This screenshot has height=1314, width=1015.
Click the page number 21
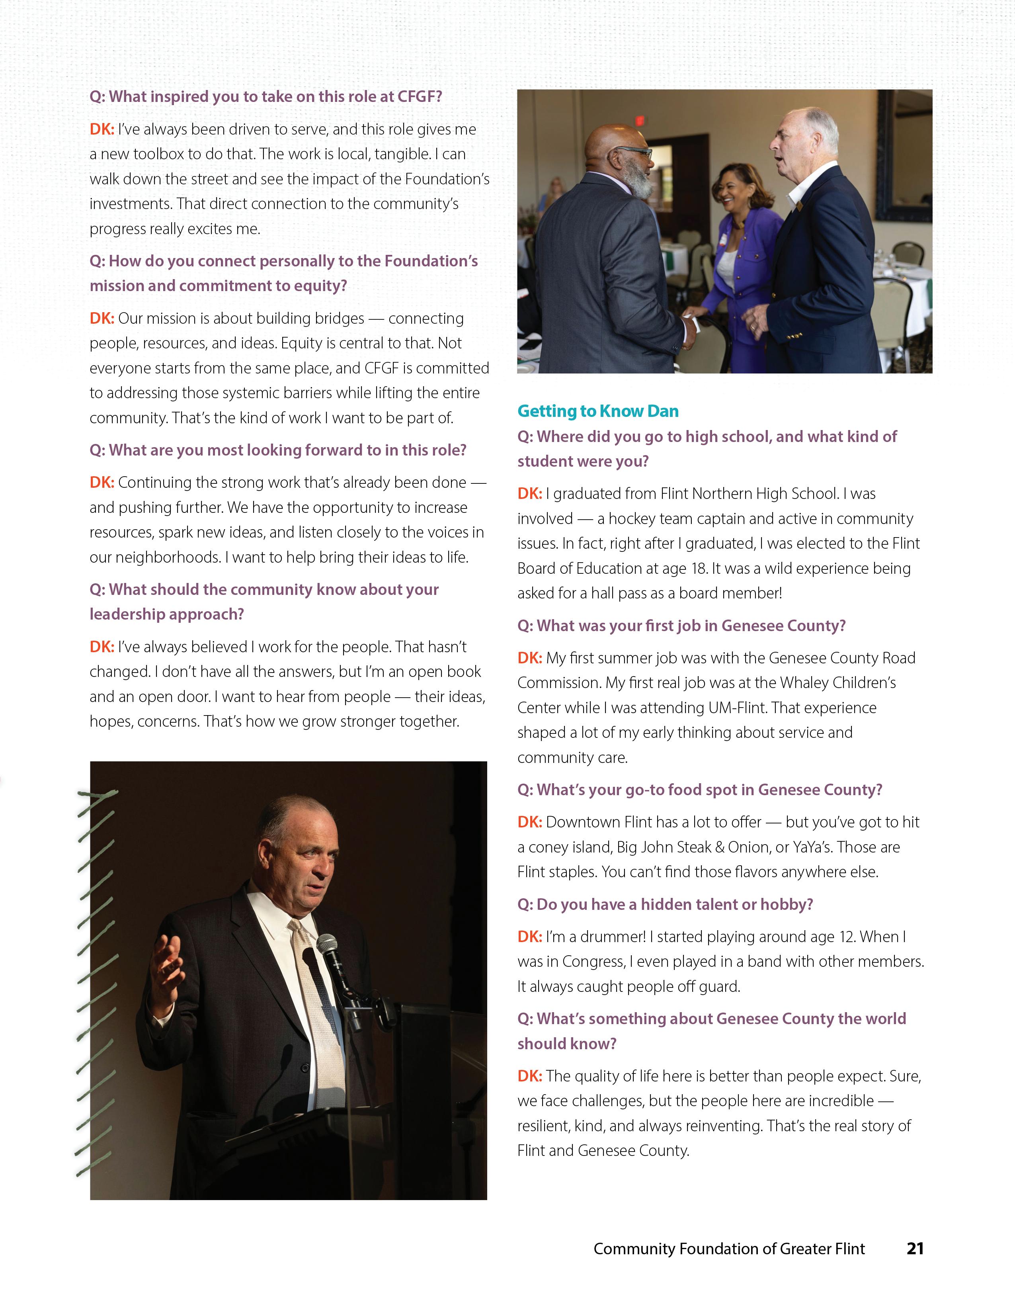click(915, 1248)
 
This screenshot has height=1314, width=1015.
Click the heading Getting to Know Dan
click(598, 411)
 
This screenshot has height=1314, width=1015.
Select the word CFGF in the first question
click(419, 96)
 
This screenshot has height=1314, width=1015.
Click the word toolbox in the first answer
click(158, 154)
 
